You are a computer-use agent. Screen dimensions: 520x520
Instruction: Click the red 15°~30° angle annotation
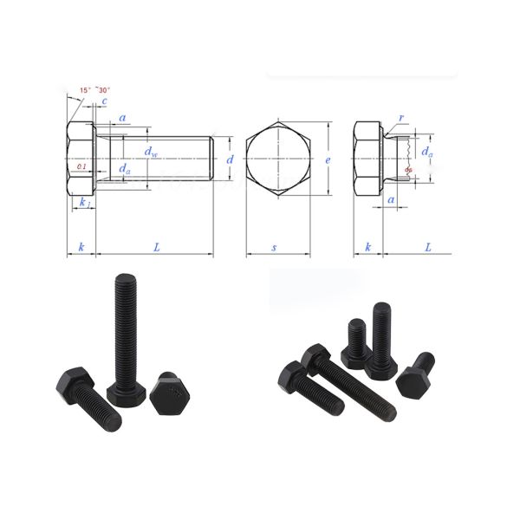(x=94, y=90)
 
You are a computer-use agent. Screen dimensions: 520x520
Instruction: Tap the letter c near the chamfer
(x=104, y=102)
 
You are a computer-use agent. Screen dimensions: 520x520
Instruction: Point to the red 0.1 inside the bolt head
(x=81, y=166)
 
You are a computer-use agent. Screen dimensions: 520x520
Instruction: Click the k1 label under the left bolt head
(x=84, y=202)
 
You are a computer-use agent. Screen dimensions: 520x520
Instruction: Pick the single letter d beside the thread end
(x=230, y=160)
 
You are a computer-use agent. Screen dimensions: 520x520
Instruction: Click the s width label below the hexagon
(x=275, y=248)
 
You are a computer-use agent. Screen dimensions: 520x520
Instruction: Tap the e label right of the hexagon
(x=327, y=160)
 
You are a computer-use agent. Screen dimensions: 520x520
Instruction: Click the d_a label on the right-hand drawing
(x=426, y=152)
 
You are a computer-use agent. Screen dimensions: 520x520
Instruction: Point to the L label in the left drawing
(x=157, y=248)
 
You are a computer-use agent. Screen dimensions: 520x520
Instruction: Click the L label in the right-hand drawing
(x=428, y=248)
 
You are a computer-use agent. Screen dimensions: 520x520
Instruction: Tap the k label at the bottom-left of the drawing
(x=81, y=248)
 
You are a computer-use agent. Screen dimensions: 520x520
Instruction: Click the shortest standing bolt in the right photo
(x=356, y=340)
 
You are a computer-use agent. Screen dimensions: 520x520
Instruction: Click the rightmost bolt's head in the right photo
(x=413, y=382)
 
